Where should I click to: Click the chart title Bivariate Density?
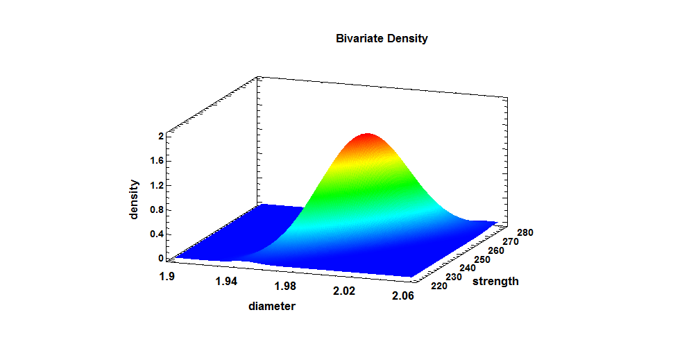(382, 39)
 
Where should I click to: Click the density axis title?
(135, 200)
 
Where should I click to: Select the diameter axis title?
(272, 306)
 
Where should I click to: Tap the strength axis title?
(495, 282)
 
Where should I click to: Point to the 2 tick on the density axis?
(160, 137)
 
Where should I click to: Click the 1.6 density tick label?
(156, 161)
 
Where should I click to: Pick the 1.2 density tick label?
(156, 185)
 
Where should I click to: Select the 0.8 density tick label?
(156, 209)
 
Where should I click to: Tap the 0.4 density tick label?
(156, 234)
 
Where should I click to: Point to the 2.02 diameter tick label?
(344, 292)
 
